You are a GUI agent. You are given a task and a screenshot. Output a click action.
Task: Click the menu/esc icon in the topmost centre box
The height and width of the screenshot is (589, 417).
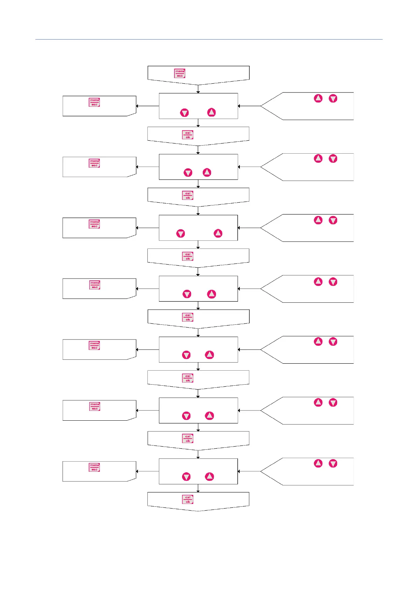[x=180, y=73]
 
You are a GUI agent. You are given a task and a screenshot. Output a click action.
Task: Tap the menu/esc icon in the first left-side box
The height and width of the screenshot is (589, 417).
[x=94, y=102]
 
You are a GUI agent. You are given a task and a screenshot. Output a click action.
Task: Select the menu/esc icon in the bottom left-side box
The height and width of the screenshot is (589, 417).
[x=94, y=467]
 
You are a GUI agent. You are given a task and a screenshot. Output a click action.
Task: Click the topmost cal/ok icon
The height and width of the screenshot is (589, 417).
[x=188, y=135]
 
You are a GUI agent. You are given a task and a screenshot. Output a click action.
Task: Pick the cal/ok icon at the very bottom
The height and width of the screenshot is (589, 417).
[x=188, y=499]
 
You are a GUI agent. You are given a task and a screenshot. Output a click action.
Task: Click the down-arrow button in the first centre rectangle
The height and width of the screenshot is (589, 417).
[x=185, y=113]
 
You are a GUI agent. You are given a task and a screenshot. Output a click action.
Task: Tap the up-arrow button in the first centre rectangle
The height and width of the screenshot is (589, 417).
[x=211, y=112]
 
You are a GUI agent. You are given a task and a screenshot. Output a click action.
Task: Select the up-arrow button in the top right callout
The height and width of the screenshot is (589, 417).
[x=318, y=98]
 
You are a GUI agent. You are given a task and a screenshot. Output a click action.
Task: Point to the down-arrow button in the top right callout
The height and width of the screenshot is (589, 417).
[x=333, y=98]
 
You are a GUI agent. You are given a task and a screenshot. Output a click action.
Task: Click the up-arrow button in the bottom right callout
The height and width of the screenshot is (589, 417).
[x=318, y=463]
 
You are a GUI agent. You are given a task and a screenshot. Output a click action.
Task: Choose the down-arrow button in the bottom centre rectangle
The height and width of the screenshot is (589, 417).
[x=186, y=477]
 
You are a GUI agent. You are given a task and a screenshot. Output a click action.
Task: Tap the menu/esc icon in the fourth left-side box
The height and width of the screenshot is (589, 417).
[x=95, y=285]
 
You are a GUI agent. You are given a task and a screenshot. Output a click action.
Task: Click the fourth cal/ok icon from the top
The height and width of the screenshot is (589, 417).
[x=188, y=317]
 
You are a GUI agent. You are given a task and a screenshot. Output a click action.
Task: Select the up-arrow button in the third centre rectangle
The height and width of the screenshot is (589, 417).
[x=218, y=233]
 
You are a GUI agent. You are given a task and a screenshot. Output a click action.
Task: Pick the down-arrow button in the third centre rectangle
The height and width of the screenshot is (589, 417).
[x=181, y=233]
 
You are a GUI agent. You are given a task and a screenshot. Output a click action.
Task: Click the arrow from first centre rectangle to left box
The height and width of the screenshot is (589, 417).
[x=147, y=106]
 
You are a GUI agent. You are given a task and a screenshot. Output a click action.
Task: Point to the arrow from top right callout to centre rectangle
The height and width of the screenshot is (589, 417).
[x=249, y=106]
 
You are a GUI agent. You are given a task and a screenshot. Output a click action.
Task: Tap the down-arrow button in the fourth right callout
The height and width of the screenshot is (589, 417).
[x=333, y=282]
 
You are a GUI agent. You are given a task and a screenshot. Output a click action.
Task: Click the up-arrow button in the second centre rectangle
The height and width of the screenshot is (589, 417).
[x=207, y=173]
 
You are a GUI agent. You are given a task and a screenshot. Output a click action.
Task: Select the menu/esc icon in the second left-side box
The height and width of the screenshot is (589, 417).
[x=94, y=163]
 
